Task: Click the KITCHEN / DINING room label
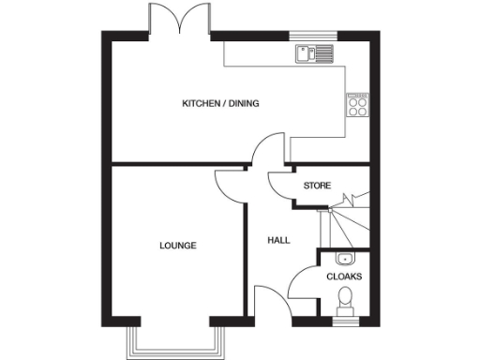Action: click(x=220, y=103)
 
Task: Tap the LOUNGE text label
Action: click(x=177, y=246)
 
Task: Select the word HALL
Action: click(x=278, y=240)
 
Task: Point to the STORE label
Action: click(x=316, y=186)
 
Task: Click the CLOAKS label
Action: click(x=343, y=277)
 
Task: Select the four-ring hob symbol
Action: click(x=356, y=104)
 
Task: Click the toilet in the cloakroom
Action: click(x=344, y=302)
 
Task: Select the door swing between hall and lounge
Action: click(x=229, y=185)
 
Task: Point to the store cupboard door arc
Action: click(x=280, y=188)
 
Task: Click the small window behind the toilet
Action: click(x=344, y=322)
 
